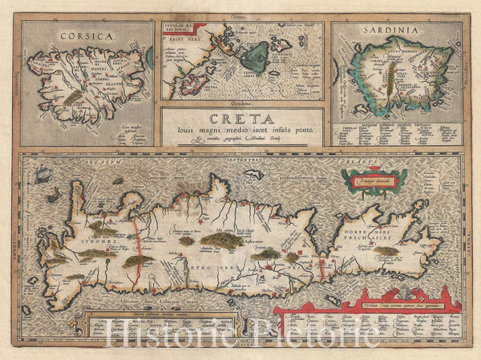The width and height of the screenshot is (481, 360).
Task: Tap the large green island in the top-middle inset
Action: click(x=256, y=57)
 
